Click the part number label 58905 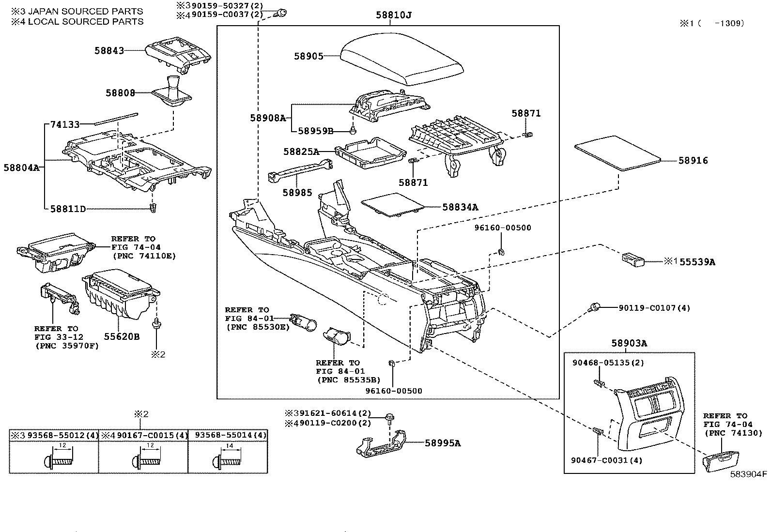[x=308, y=56]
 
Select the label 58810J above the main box [x=393, y=15]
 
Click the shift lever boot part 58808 [x=173, y=92]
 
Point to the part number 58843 [x=109, y=50]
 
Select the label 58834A [x=460, y=207]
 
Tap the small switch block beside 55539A [x=633, y=260]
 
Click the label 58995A [x=443, y=442]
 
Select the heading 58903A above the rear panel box [x=629, y=343]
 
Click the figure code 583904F [x=749, y=474]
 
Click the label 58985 [x=297, y=193]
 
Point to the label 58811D [x=68, y=209]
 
